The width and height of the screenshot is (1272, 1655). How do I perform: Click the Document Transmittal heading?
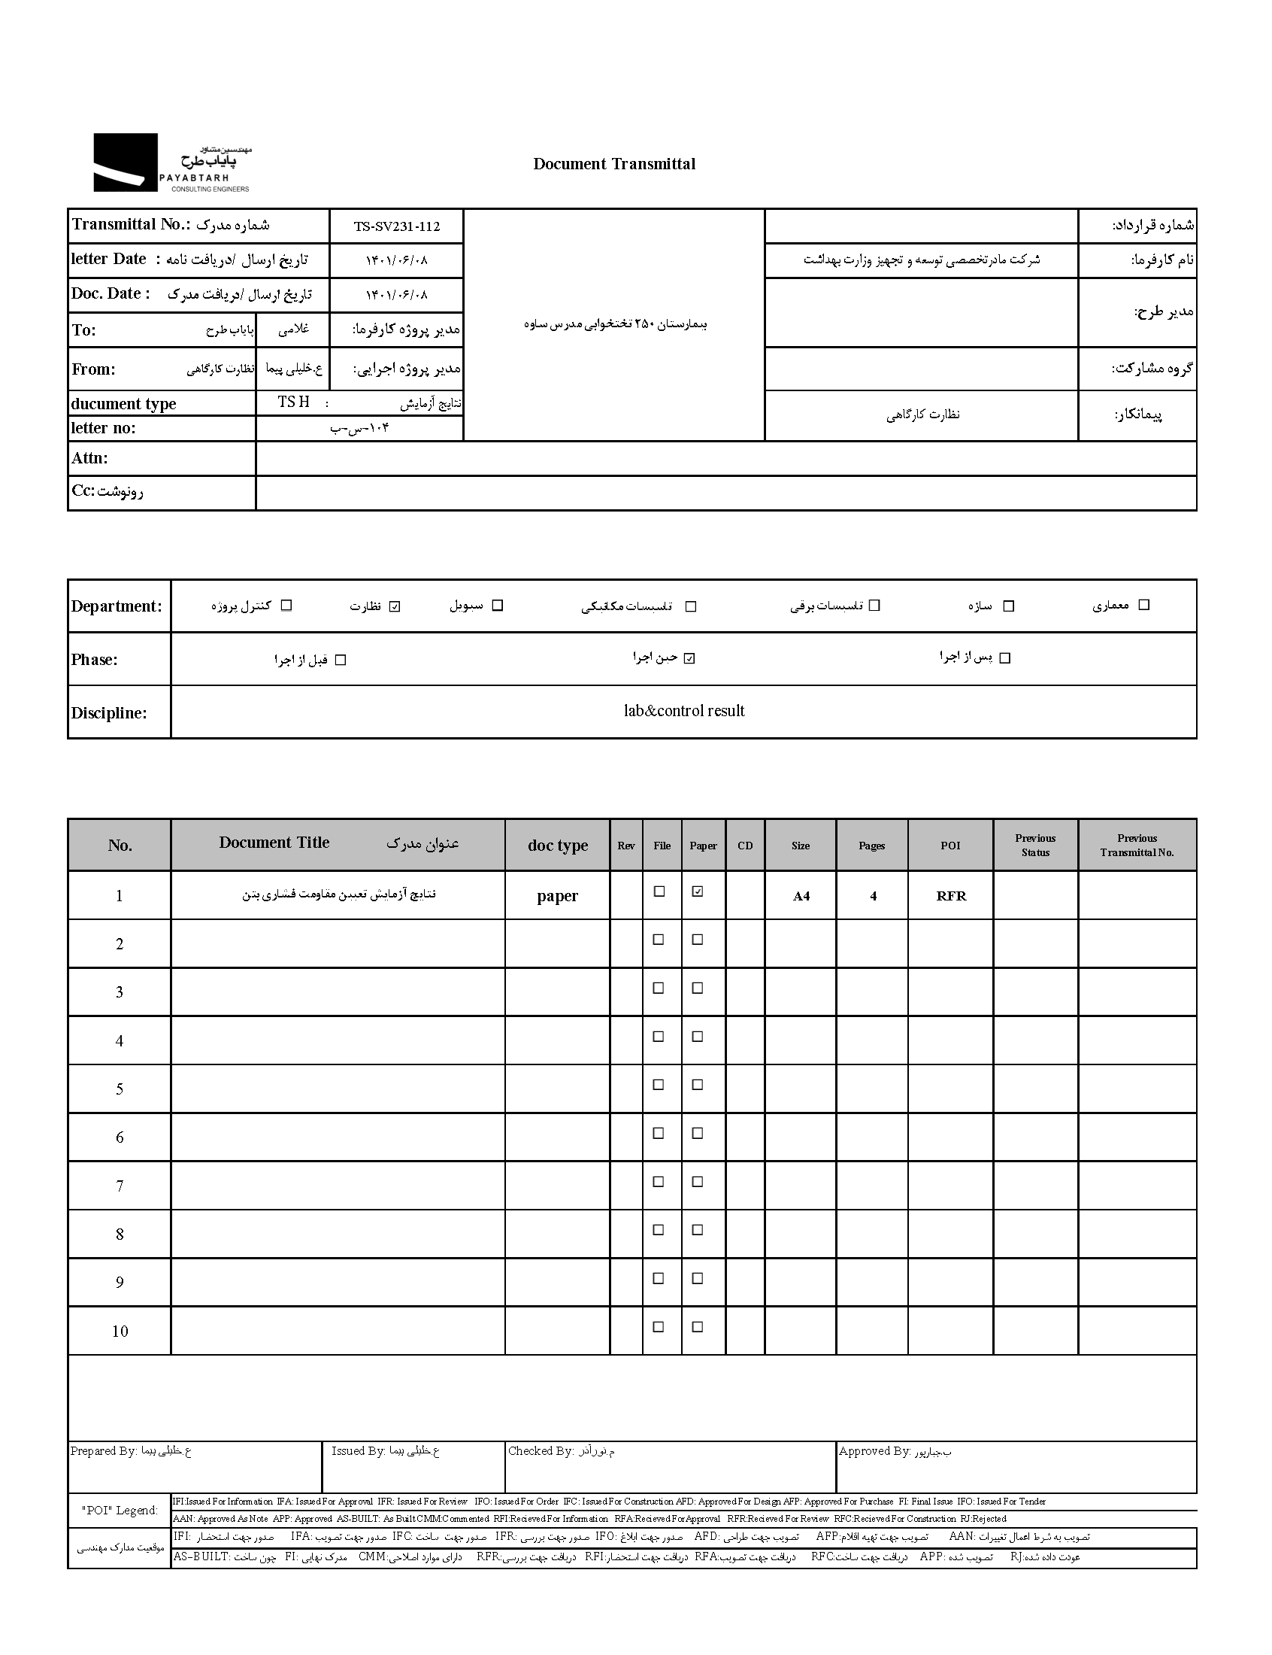614,163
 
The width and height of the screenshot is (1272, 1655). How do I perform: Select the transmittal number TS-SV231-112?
396,226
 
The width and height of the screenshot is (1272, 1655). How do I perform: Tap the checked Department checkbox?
395,606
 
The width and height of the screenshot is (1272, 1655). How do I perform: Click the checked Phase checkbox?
689,658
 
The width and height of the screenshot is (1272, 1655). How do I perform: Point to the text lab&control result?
683,711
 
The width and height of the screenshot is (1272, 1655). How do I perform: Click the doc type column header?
557,846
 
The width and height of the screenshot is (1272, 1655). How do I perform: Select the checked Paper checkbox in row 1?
698,891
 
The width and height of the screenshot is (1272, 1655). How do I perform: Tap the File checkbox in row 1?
659,891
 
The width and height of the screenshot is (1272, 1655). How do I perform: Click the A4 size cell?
801,896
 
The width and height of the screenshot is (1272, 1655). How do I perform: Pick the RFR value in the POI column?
951,896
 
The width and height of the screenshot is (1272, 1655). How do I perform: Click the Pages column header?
871,846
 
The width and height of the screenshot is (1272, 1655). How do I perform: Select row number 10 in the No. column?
120,1331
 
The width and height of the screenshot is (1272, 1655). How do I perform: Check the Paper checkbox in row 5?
698,1085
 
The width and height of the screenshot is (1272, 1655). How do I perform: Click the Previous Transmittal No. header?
1137,845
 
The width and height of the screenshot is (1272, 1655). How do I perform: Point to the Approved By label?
874,1450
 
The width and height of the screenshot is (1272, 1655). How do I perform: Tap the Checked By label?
541,1450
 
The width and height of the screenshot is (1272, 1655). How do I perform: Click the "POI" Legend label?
120,1511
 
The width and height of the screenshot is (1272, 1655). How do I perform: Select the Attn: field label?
90,458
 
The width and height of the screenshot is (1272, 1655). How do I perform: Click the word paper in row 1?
557,896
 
